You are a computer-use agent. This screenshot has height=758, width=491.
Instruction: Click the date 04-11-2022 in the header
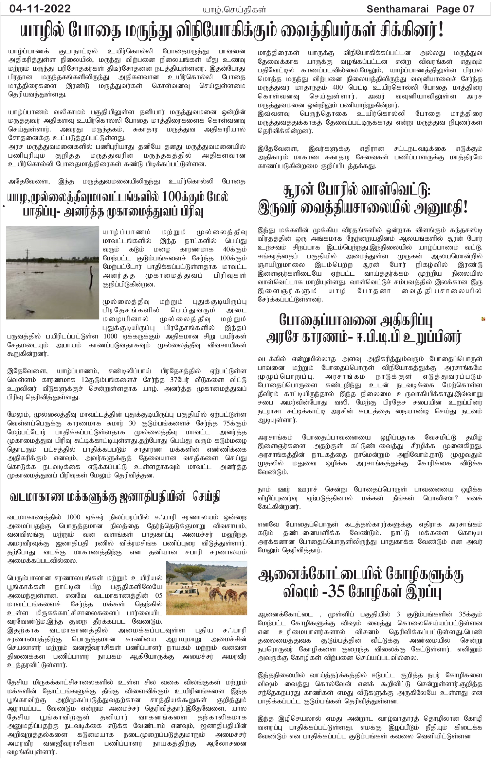tap(40, 9)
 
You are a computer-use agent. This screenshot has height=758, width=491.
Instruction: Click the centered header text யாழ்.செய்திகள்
tap(233, 9)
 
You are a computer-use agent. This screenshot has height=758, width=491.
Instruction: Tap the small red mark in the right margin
tap(483, 319)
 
